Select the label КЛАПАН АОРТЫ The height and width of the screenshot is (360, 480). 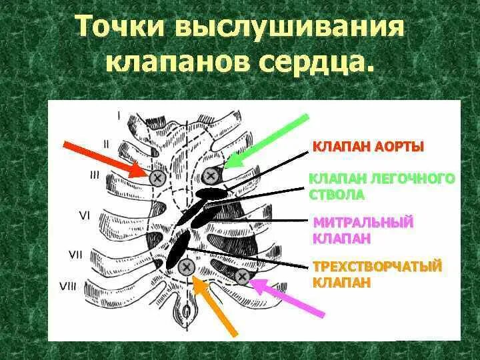368,146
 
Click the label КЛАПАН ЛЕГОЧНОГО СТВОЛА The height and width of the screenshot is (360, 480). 382,187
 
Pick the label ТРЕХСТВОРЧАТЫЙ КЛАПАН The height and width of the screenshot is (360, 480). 377,274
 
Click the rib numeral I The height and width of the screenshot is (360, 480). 119,115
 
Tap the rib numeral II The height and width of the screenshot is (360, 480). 106,143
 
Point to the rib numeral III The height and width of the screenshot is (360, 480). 95,175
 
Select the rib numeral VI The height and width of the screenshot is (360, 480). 85,215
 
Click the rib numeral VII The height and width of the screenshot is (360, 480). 76,254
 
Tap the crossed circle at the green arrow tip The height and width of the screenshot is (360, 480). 211,175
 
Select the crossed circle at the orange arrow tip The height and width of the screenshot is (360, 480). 187,268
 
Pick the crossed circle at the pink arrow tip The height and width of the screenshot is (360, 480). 242,275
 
